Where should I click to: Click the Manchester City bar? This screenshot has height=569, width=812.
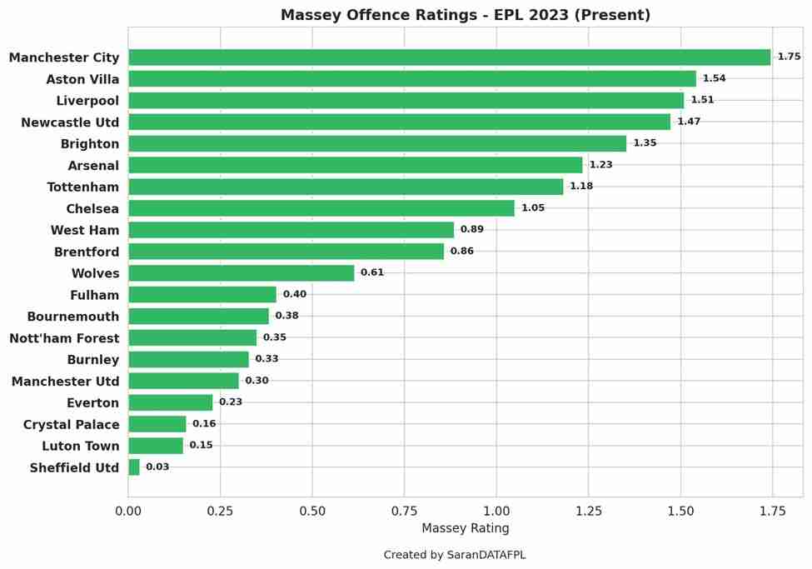[x=449, y=57]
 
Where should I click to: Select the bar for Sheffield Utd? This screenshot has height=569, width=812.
[x=134, y=467]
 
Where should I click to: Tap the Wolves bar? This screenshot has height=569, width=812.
[x=241, y=273]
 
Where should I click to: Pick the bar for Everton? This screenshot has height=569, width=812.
[x=170, y=402]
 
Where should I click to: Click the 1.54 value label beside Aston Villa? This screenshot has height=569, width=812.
[x=714, y=79]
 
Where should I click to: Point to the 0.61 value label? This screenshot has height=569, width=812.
[x=372, y=273]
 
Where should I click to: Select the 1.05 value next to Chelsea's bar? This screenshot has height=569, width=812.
[x=533, y=208]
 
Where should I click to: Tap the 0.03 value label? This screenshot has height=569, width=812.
[x=157, y=467]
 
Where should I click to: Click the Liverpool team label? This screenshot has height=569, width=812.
[x=87, y=101]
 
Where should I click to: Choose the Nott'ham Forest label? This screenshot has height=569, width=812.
[x=64, y=338]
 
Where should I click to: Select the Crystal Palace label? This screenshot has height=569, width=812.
[x=71, y=425]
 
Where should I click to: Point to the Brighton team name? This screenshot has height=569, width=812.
[x=90, y=144]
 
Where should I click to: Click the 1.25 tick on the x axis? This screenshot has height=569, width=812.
[x=588, y=511]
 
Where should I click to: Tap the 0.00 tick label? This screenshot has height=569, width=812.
[x=128, y=511]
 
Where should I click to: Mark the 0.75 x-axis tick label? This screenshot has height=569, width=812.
[x=404, y=511]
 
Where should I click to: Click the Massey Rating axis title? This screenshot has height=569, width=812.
[x=465, y=528]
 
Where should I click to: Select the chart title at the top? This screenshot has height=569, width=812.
[x=465, y=15]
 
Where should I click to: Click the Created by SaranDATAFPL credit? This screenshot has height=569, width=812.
[x=454, y=555]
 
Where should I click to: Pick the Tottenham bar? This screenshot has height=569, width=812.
[x=346, y=187]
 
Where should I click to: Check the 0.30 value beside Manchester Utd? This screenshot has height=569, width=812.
[x=257, y=381]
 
